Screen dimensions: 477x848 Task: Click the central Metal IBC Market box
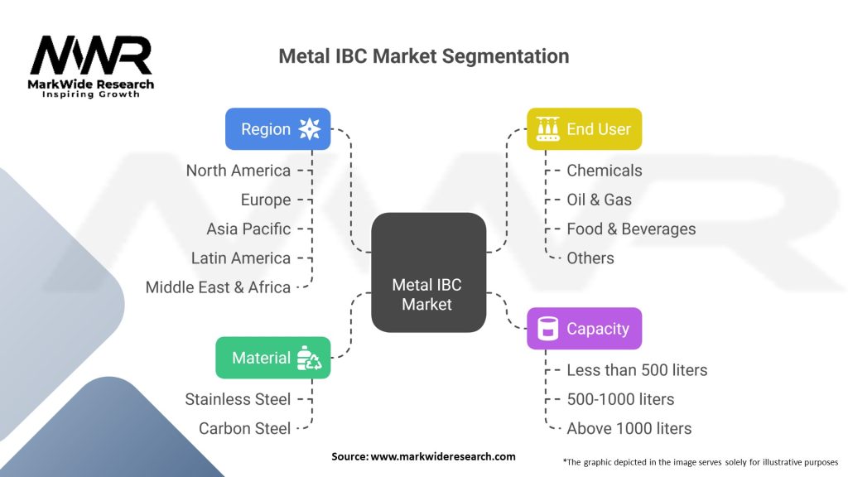(x=426, y=272)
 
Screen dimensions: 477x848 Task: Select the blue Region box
(x=278, y=129)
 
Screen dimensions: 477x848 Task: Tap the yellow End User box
(x=585, y=129)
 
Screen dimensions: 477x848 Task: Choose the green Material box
(x=273, y=358)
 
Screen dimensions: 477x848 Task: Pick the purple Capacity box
(x=585, y=329)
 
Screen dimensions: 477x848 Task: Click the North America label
(x=238, y=171)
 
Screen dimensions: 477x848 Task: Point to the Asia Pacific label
(x=248, y=229)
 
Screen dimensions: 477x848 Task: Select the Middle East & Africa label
(x=218, y=287)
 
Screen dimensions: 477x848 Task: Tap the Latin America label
(x=241, y=258)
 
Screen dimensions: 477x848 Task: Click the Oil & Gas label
(x=599, y=200)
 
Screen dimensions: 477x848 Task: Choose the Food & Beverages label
(x=631, y=229)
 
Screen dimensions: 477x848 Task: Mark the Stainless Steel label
(x=238, y=399)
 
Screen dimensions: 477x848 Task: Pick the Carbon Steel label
(x=245, y=428)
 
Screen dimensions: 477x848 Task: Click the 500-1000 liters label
(x=620, y=399)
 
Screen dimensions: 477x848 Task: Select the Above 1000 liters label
(x=629, y=428)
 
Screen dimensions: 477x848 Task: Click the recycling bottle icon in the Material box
(x=310, y=358)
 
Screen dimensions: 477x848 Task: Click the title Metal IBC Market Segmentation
(x=423, y=56)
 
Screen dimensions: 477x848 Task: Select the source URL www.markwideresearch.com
(x=423, y=456)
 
